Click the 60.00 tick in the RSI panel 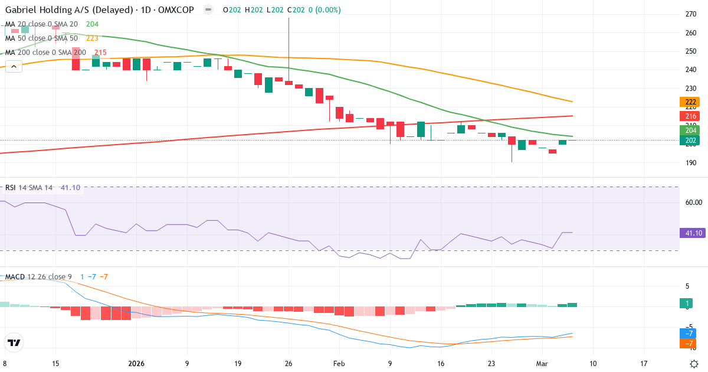pyautogui.click(x=693, y=202)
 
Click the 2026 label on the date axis pyautogui.click(x=136, y=364)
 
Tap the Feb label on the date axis pyautogui.click(x=339, y=364)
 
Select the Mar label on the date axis pyautogui.click(x=542, y=364)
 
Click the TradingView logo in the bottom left pyautogui.click(x=14, y=342)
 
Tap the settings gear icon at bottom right pyautogui.click(x=694, y=364)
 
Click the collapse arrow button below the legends pyautogui.click(x=14, y=66)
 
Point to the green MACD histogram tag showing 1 pyautogui.click(x=689, y=304)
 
